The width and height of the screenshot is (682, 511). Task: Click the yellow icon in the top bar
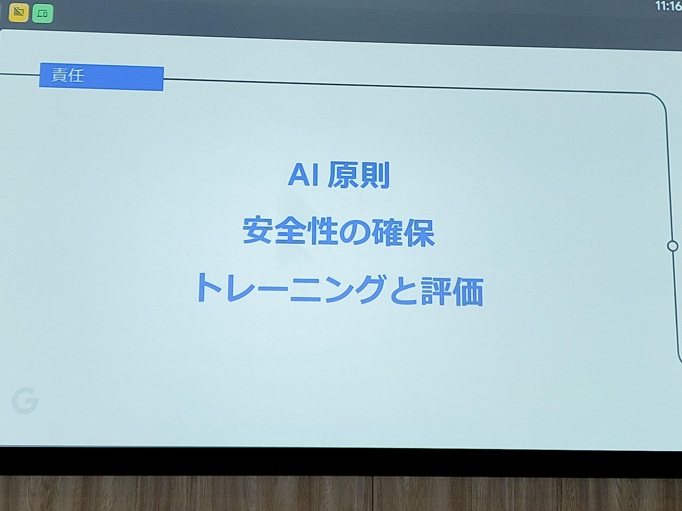coord(18,13)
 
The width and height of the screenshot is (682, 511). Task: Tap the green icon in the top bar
coord(42,13)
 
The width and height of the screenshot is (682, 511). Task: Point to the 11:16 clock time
coord(668,6)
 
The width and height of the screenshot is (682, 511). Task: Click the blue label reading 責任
coord(101,77)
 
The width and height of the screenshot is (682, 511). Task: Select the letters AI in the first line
coord(303,175)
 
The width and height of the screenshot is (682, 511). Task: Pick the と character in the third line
coord(404,291)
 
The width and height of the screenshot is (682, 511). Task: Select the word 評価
coord(452,292)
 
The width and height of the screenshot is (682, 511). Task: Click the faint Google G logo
coord(25,401)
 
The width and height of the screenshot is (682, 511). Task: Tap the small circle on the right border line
coord(672,246)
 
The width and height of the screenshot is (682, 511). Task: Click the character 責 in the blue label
coord(59,75)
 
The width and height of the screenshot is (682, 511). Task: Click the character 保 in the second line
coord(420,233)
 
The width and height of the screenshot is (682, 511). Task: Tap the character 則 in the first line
coord(375,176)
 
